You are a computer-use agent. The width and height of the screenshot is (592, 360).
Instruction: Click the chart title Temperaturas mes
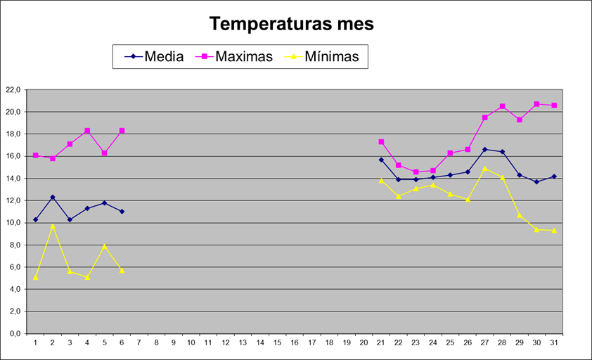292,24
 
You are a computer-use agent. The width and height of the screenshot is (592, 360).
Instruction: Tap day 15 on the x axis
278,342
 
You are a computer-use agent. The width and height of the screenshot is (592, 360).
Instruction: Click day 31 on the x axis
554,342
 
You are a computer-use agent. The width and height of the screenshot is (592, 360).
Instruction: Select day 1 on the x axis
35,342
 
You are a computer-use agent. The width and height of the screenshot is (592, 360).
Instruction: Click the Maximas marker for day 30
536,104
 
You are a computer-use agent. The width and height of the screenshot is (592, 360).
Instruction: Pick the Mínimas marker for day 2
53,226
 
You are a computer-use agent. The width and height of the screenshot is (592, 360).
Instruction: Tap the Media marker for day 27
484,150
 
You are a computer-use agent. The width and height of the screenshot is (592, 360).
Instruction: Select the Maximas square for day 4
87,131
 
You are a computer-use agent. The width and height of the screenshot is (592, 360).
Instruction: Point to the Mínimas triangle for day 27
484,168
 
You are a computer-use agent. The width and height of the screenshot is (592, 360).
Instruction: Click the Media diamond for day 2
53,198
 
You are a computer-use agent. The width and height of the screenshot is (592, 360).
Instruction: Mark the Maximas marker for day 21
381,142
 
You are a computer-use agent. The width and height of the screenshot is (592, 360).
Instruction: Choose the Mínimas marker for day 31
554,230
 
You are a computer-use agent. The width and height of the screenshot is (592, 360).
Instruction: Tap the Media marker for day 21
381,160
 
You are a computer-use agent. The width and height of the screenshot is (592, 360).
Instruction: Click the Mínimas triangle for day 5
105,246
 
